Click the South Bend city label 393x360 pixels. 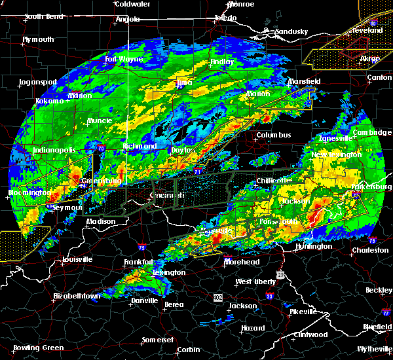click(x=45, y=16)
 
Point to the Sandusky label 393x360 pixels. click(x=291, y=31)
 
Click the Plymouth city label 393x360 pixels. click(x=38, y=39)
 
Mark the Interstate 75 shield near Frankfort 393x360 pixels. click(x=141, y=248)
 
